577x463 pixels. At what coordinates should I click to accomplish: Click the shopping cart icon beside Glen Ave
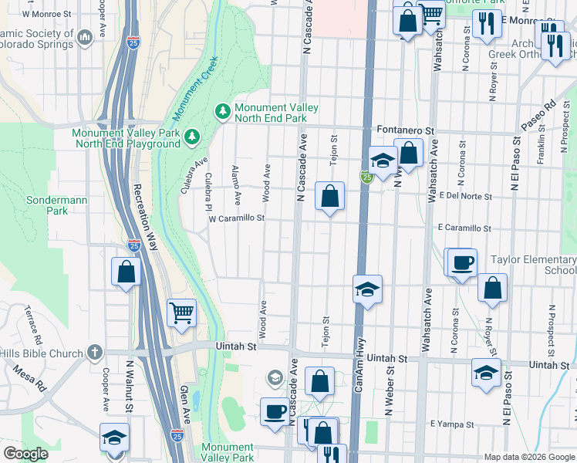click(x=181, y=313)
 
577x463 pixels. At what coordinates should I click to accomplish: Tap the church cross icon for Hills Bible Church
click(x=95, y=353)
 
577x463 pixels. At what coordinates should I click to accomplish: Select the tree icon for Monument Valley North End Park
click(x=224, y=113)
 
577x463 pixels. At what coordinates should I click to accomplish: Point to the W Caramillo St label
click(x=237, y=218)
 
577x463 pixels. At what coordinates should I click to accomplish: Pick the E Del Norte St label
click(x=465, y=196)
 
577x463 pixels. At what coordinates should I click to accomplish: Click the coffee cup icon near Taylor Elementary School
click(x=463, y=263)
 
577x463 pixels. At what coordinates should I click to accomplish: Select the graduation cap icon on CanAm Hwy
click(x=368, y=290)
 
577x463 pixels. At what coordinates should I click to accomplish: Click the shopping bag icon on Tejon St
click(x=329, y=197)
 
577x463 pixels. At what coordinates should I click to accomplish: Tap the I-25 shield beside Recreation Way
click(x=133, y=246)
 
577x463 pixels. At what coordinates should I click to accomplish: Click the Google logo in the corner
click(x=25, y=453)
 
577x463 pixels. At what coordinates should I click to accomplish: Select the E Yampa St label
click(x=450, y=424)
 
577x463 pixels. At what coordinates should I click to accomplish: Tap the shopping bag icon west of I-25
click(x=126, y=272)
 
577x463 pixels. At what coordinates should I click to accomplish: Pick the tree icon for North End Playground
click(x=191, y=137)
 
